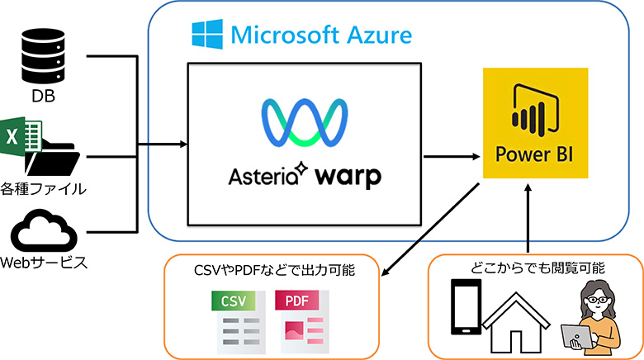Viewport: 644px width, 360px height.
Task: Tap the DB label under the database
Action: (x=43, y=97)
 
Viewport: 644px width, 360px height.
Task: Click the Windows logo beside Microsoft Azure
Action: (x=207, y=35)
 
